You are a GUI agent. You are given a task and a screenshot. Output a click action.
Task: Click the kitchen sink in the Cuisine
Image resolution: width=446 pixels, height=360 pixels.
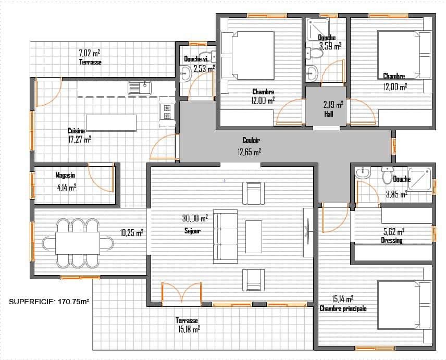coord(140,88)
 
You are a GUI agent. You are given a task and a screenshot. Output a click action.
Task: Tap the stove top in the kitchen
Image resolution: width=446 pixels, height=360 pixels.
coord(167,112)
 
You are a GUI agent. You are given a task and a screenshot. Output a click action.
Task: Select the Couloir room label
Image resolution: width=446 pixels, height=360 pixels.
coord(251,140)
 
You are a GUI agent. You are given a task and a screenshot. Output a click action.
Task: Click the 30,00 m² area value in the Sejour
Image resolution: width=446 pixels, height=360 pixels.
coord(195,218)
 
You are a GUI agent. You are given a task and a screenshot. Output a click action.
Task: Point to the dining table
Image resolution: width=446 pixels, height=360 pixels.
coord(77,243)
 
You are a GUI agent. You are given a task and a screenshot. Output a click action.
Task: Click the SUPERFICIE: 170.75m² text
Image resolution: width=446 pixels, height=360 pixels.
coord(48,302)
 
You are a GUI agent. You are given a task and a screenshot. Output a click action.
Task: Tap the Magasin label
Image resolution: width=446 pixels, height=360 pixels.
coord(65,175)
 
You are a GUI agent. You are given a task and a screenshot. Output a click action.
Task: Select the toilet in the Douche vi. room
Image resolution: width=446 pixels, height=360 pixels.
coord(207,56)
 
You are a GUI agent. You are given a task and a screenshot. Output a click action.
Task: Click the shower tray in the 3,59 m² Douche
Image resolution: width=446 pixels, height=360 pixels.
coord(318,29)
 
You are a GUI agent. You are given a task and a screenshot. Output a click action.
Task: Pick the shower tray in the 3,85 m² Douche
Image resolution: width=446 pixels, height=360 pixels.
coord(420,179)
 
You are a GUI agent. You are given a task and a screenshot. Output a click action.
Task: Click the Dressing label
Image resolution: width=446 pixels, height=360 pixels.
coord(392,241)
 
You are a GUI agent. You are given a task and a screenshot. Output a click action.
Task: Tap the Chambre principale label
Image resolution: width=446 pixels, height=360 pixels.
coord(343,308)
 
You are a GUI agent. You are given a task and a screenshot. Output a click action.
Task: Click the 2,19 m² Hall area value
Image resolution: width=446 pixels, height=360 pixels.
coord(333,105)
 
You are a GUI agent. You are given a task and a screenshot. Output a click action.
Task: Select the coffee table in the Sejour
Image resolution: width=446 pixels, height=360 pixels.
coord(253,237)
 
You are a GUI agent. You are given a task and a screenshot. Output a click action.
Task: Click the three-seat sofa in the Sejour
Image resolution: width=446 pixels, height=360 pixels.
coord(225,237)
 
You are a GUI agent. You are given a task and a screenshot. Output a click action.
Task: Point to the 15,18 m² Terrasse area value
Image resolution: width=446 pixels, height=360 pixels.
coord(189,329)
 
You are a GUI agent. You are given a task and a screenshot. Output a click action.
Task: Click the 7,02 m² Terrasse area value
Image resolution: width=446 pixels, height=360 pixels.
coord(89,53)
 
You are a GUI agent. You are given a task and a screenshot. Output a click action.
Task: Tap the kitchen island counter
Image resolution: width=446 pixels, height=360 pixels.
coord(111,123)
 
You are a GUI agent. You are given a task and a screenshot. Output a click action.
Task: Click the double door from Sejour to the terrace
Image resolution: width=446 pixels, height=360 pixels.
coord(182,293)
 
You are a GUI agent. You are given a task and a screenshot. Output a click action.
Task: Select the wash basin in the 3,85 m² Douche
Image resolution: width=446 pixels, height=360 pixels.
coord(363,173)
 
